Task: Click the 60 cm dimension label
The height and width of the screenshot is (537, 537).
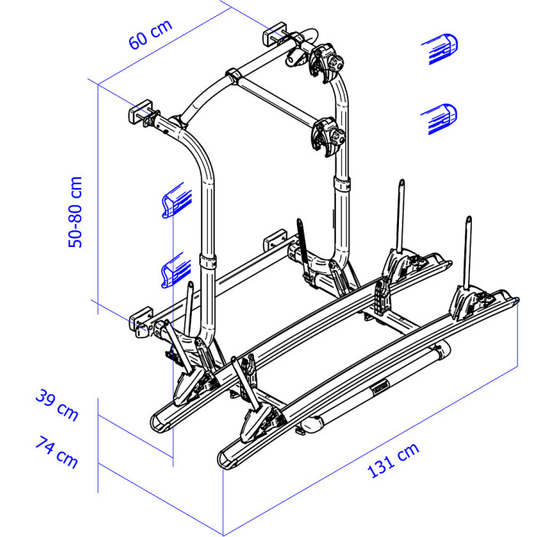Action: point(150,35)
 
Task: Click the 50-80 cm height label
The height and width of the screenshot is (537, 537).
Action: point(75,212)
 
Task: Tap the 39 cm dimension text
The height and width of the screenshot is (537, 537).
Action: point(57,404)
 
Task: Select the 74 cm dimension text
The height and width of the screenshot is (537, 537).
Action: point(57,451)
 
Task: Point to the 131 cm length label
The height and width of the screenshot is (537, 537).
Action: point(393,460)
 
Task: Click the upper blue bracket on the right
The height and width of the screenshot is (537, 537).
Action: point(440,48)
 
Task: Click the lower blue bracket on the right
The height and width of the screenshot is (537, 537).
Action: point(440,118)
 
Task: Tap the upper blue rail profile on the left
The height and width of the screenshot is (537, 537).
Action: point(176,200)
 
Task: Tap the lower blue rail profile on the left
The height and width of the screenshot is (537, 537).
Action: point(176,270)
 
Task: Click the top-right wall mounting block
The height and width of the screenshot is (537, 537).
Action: point(275,34)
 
